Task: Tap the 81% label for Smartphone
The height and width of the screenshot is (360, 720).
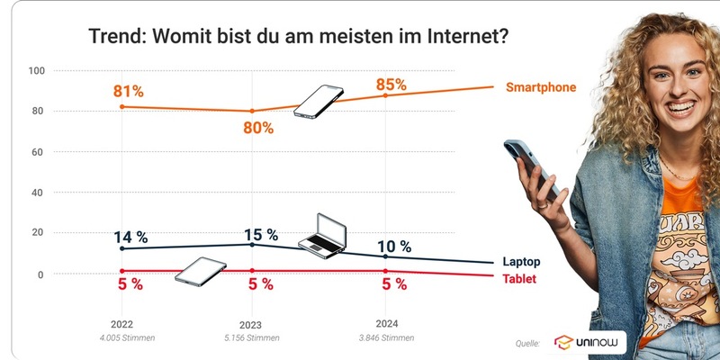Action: (129, 91)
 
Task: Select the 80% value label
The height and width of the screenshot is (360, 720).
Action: (257, 127)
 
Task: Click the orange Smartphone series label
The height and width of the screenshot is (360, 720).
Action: (540, 87)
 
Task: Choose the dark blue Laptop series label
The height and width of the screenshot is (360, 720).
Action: (522, 261)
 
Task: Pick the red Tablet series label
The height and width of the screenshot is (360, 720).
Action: (519, 279)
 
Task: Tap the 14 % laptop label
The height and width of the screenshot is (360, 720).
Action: (130, 238)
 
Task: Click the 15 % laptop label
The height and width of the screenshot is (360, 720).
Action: (262, 235)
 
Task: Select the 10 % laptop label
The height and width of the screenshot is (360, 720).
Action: (393, 247)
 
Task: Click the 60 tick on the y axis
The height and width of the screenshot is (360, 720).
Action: (39, 152)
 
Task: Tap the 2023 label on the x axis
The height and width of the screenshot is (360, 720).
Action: (250, 325)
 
